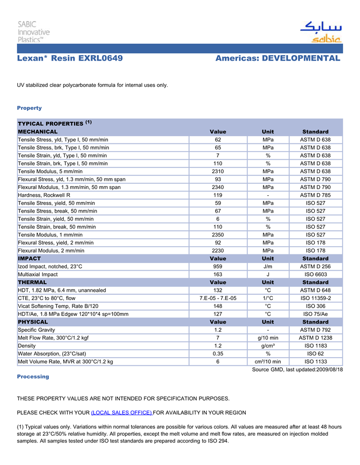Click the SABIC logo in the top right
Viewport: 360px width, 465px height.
point(321,32)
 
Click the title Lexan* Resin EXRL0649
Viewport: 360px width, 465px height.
point(70,58)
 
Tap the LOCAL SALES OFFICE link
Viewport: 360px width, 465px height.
point(121,413)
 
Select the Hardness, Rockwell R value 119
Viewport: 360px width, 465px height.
point(218,195)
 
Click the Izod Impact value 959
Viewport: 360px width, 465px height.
point(218,267)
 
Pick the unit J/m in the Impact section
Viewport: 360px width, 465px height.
point(267,267)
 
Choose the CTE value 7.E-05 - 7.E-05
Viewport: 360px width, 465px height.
point(218,298)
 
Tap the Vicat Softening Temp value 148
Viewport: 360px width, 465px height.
point(218,306)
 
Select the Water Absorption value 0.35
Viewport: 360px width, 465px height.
point(218,354)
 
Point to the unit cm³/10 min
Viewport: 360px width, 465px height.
point(267,362)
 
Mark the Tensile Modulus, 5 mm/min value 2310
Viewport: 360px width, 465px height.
point(218,171)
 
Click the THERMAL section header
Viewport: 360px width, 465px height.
point(32,282)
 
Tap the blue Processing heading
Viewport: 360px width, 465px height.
point(33,377)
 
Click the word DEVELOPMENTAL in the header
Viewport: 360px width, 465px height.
point(301,58)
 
